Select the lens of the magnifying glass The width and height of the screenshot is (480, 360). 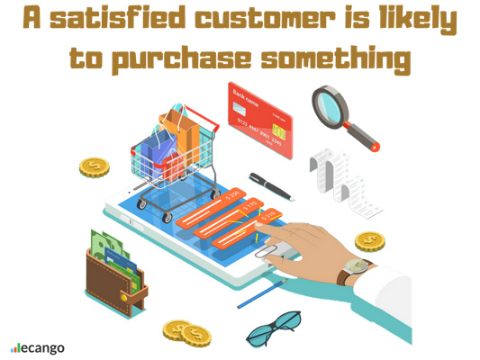click(332, 104)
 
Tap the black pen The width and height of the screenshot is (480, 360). click(271, 185)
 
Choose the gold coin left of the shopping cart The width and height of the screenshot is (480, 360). click(94, 167)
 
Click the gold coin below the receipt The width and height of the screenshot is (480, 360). click(369, 240)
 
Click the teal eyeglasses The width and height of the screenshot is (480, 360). click(270, 328)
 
